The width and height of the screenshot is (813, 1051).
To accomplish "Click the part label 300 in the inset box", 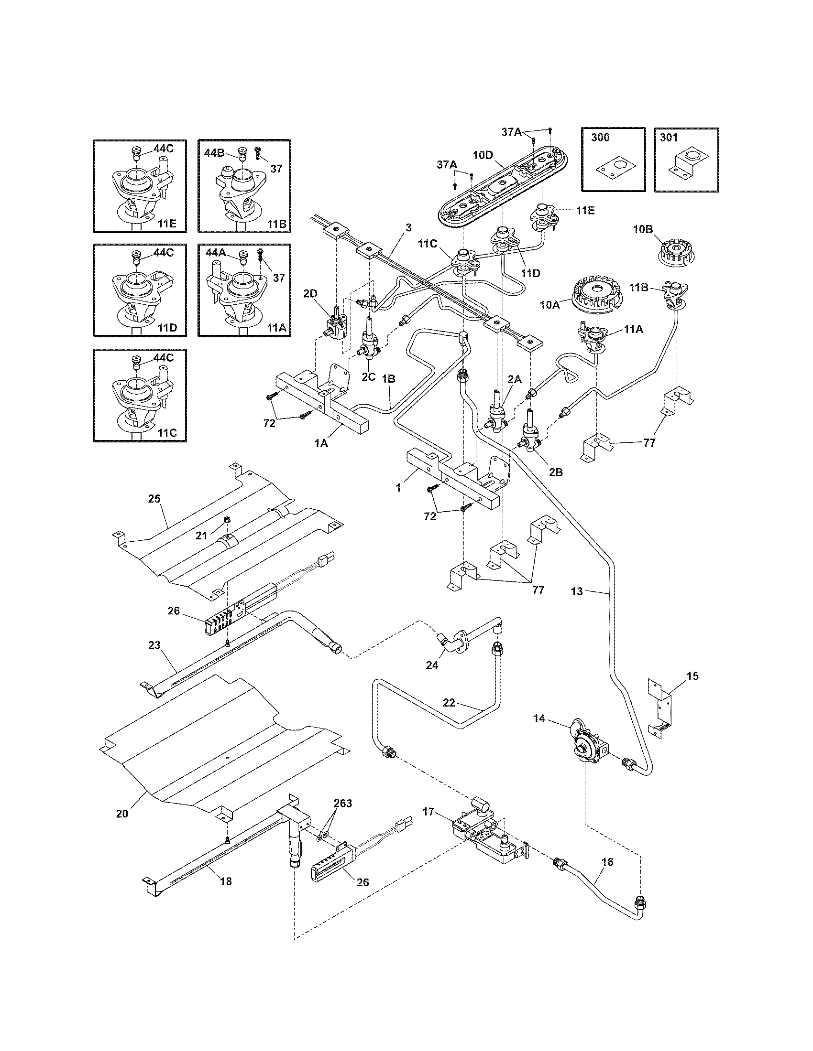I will point(600,138).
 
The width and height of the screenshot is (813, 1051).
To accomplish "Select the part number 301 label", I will point(669,138).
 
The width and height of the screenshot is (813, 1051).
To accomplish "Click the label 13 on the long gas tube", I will point(577,591).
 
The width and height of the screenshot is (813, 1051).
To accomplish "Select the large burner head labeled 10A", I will point(594,293).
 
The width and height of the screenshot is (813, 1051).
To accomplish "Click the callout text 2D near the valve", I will point(310,293).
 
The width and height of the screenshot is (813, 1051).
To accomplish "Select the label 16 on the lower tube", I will point(608,861).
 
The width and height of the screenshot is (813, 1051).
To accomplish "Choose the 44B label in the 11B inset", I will point(214,153).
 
